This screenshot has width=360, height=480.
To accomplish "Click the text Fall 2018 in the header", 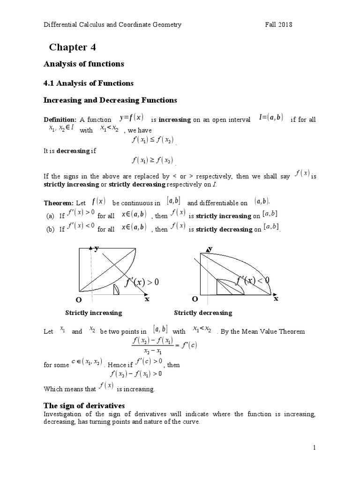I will click(x=278, y=25).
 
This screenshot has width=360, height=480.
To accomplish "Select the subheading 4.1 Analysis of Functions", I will click(x=89, y=83).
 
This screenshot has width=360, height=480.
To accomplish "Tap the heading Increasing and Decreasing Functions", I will click(x=110, y=100).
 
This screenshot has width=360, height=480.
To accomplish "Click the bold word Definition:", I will click(x=60, y=120).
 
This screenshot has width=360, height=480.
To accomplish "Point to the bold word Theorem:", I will click(x=59, y=203).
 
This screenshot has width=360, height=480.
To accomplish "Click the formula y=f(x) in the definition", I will click(x=131, y=117).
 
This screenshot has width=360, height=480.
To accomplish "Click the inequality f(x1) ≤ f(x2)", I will click(x=153, y=140).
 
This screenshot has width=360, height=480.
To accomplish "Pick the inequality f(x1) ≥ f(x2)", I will click(x=153, y=160).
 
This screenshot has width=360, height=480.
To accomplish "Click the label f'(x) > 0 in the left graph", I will click(x=142, y=283).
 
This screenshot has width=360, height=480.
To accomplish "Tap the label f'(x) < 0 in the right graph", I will click(x=253, y=280).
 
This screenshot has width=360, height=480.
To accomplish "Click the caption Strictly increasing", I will click(x=94, y=313).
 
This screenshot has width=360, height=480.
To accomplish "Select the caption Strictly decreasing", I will click(x=203, y=313).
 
